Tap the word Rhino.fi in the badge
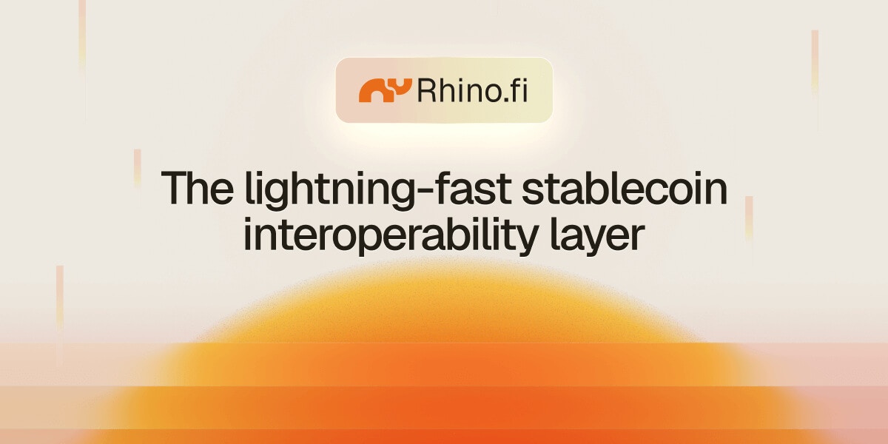click(472, 90)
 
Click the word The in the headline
click(197, 187)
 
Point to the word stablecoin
click(625, 187)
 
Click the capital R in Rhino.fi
click(426, 91)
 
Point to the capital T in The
click(174, 187)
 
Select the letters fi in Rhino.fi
click(520, 90)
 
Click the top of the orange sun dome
click(444, 263)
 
